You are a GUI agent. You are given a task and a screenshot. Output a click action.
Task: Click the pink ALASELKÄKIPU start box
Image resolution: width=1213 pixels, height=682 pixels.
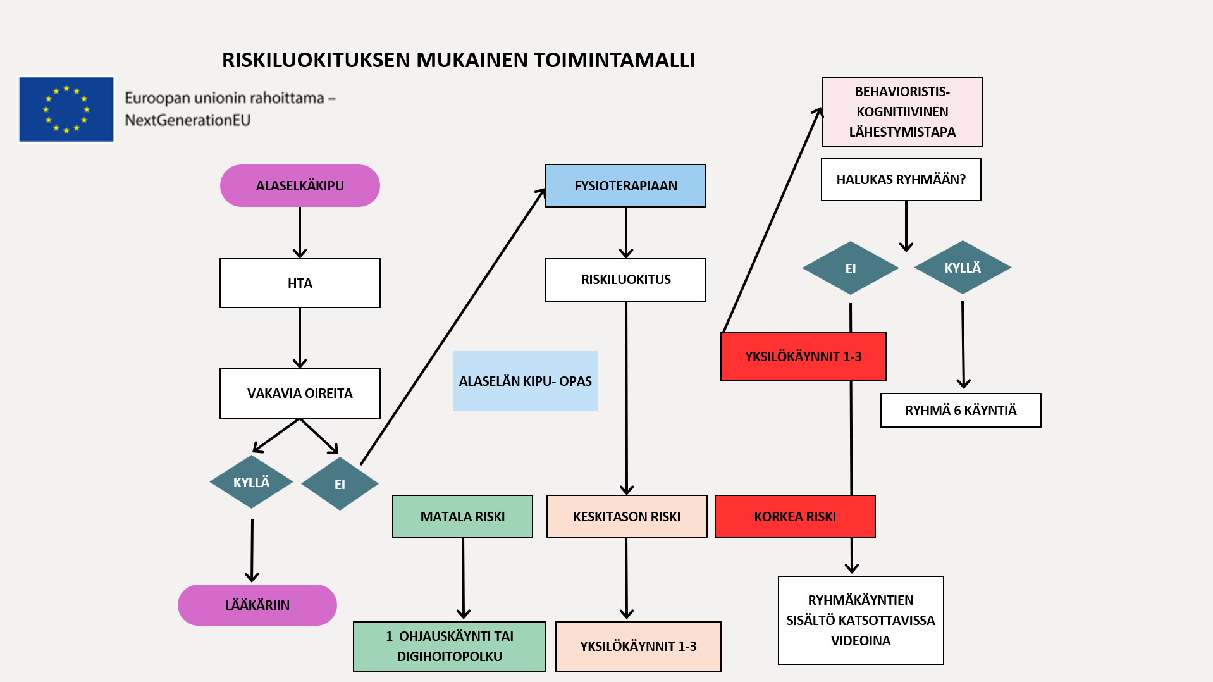pos(300,185)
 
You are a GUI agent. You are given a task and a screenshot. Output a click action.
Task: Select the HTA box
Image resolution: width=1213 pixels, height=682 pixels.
pos(300,283)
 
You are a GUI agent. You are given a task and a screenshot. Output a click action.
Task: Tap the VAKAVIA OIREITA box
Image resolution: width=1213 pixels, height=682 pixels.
pos(300,393)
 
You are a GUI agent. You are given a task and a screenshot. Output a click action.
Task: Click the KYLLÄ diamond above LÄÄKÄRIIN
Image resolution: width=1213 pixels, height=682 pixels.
pos(251,482)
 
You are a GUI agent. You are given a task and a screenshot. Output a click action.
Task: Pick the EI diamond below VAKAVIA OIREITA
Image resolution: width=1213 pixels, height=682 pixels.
pos(340,484)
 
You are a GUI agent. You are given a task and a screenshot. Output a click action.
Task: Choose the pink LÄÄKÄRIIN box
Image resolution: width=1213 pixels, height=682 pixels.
pos(257,605)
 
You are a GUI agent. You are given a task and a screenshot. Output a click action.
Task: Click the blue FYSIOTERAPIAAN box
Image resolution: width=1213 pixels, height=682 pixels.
pos(625,185)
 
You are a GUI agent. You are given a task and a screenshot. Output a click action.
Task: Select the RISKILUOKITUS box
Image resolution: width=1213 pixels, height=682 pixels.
pos(625,280)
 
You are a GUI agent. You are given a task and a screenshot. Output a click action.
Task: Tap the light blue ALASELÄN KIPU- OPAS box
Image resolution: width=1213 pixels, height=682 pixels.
pos(525,381)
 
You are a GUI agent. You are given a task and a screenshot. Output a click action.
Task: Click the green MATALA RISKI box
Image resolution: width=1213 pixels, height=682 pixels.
pos(462,516)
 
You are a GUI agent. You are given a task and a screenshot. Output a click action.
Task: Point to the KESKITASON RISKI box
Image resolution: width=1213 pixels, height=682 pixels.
pos(626,516)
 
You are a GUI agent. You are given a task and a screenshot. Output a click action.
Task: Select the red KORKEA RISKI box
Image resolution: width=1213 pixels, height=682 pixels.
pos(795,516)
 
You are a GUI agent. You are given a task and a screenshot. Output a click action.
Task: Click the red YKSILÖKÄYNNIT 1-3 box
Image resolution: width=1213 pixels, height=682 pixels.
pos(803,356)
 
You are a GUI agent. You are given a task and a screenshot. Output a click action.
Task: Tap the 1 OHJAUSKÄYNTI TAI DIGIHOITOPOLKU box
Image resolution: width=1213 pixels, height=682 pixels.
pos(449,646)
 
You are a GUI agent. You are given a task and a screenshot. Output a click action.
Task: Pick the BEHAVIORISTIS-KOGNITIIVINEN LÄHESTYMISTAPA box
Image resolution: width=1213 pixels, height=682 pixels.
pos(902,112)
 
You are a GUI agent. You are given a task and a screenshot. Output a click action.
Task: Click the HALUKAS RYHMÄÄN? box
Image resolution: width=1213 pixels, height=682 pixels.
pos(901,179)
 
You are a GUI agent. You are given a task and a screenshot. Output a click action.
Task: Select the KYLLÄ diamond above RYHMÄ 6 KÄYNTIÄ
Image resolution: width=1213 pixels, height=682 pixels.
pos(963,268)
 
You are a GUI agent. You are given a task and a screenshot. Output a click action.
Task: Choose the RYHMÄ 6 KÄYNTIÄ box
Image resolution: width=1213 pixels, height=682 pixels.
pos(960,410)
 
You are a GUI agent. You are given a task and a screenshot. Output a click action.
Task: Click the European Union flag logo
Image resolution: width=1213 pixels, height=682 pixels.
pos(66,109)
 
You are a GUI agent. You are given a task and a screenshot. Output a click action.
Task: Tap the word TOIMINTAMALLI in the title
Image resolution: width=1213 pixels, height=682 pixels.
pos(614,60)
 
